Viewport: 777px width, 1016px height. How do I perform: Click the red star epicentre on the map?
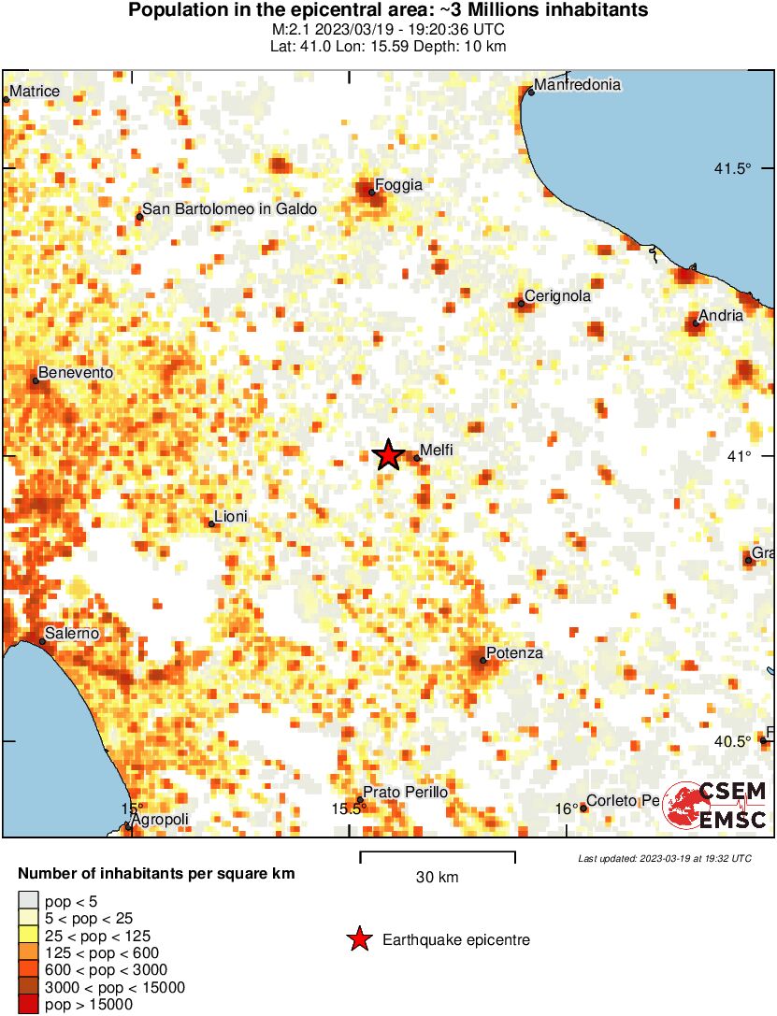(x=388, y=455)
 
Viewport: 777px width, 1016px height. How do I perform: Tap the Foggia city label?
(x=398, y=185)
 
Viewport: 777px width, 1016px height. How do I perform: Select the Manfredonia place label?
(x=578, y=84)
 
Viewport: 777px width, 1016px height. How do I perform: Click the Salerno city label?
(x=75, y=634)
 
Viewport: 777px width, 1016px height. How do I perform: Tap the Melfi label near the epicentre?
(x=437, y=450)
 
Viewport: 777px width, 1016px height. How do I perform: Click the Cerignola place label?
(x=558, y=296)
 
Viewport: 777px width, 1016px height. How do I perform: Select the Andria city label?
(x=723, y=316)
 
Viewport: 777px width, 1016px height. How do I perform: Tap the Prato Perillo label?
(x=406, y=793)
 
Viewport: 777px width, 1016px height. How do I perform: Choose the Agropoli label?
(x=161, y=820)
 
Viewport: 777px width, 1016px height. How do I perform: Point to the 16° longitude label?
(x=566, y=809)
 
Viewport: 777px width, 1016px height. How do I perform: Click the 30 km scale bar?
(x=438, y=853)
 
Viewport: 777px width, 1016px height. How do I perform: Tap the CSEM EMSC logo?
(x=715, y=805)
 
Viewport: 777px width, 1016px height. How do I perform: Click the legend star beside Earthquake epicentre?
(x=358, y=940)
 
